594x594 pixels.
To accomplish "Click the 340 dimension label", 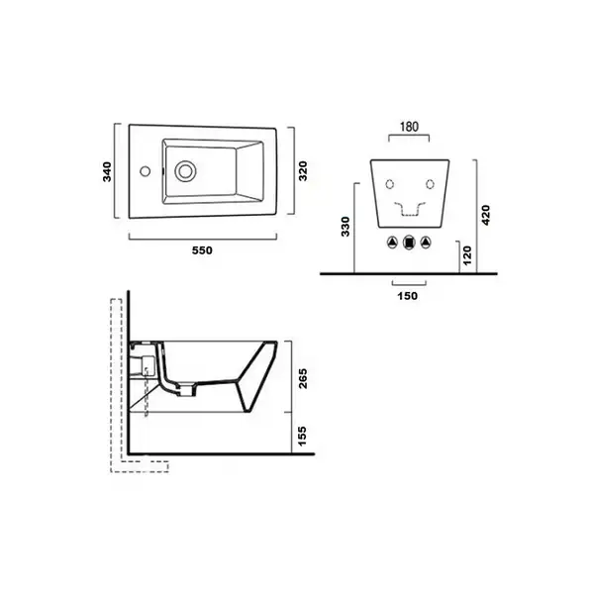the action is (107, 171).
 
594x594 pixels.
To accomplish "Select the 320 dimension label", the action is (303, 171).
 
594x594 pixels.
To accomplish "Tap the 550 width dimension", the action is (202, 250).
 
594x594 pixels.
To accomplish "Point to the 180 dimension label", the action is (409, 127).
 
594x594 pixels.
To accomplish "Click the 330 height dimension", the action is (346, 227).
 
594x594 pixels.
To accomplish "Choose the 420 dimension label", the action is (485, 215).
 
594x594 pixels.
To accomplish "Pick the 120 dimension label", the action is (467, 255).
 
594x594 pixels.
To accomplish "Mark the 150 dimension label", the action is (408, 296).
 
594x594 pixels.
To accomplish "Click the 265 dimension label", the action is (303, 378).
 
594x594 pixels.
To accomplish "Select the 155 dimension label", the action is (302, 436).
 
